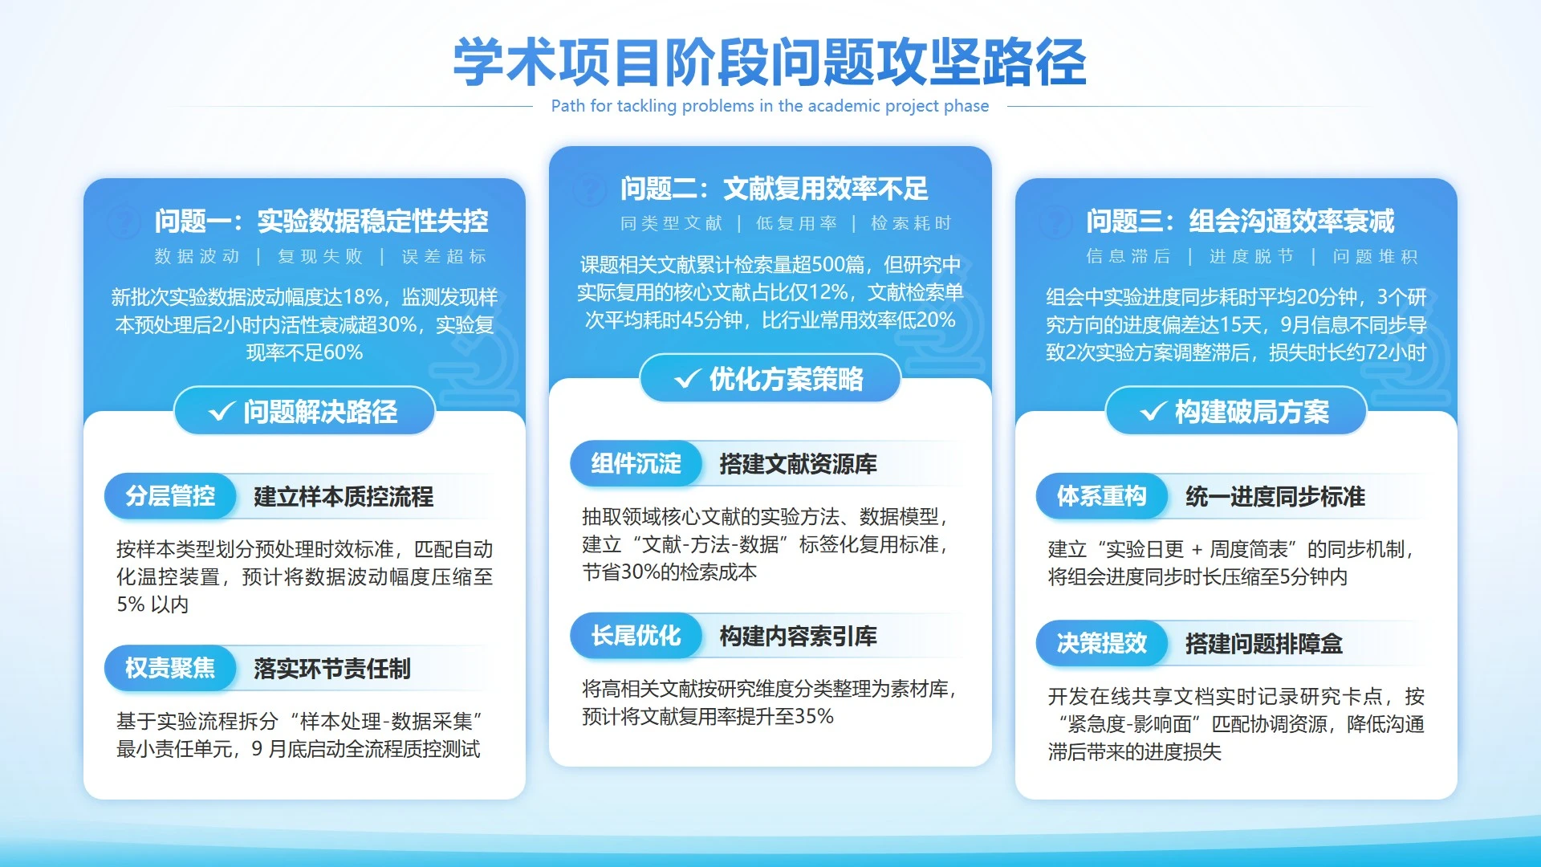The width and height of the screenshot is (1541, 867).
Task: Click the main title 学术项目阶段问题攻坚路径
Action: coord(770,63)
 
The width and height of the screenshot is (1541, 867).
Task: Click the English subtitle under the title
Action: coord(770,106)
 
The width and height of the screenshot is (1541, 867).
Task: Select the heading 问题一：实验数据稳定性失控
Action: coord(321,221)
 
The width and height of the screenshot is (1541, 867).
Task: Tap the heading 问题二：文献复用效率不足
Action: coord(774,189)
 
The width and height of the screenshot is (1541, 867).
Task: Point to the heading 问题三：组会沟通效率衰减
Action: coord(1240,221)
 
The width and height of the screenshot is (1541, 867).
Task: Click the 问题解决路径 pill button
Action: coord(305,412)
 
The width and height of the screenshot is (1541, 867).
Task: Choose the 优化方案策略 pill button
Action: coord(770,379)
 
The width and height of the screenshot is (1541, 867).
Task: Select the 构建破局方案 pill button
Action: coord(1236,412)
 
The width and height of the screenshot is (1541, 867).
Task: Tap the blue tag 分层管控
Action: coord(170,496)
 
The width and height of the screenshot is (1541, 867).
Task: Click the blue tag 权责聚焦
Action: coord(170,668)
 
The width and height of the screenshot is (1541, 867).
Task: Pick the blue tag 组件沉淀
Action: coord(636,463)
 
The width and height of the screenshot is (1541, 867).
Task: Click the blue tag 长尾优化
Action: coord(636,636)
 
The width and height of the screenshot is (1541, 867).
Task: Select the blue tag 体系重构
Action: coord(1101,496)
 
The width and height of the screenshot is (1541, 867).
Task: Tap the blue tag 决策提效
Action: coord(1101,643)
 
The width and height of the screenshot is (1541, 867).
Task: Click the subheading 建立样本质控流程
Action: coord(344,497)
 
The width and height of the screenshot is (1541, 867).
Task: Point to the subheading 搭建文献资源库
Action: coord(798,464)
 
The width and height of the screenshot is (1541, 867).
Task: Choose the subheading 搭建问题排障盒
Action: coord(1264,644)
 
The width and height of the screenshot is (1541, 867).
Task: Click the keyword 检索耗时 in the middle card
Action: coord(911,223)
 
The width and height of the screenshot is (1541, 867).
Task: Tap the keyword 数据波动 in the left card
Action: coord(197,256)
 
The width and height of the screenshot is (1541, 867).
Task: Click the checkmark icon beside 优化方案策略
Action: coord(687,379)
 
